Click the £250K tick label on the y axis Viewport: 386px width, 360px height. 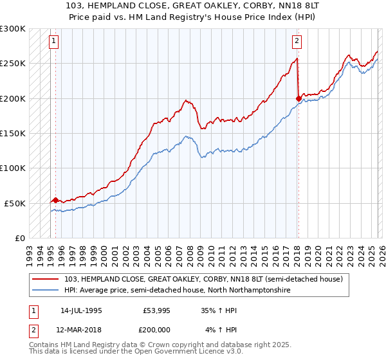pos(13,64)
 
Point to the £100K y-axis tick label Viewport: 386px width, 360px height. pos(13,168)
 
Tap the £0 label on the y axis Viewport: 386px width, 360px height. pos(19,238)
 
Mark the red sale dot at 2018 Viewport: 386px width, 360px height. pos(298,98)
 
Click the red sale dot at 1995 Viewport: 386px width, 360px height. pos(55,200)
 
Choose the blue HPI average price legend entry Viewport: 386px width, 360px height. pos(178,291)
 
